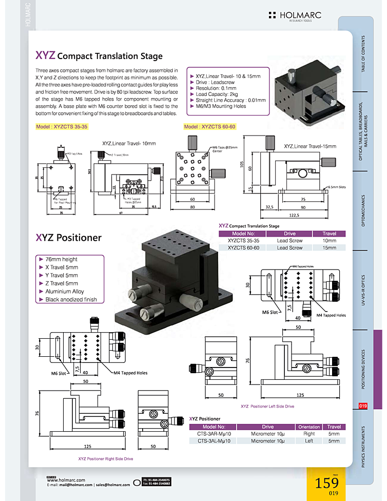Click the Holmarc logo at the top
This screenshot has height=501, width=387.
point(295,16)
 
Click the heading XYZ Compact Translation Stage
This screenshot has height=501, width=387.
point(99,55)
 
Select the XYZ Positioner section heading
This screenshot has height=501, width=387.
point(68,238)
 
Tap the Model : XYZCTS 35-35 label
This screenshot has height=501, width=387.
point(62,126)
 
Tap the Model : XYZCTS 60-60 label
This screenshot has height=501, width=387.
point(209,126)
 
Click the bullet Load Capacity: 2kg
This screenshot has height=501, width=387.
point(216,94)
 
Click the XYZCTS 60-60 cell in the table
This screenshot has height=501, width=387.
point(243,247)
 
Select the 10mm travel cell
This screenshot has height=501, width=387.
point(329,240)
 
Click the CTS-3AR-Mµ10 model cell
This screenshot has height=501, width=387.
point(213,434)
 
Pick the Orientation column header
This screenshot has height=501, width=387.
point(309,427)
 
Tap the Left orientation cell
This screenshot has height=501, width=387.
point(309,440)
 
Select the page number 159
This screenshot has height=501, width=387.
point(326,484)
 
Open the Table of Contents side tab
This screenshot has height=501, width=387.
point(363,53)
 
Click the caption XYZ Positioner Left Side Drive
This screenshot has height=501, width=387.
point(267,406)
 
